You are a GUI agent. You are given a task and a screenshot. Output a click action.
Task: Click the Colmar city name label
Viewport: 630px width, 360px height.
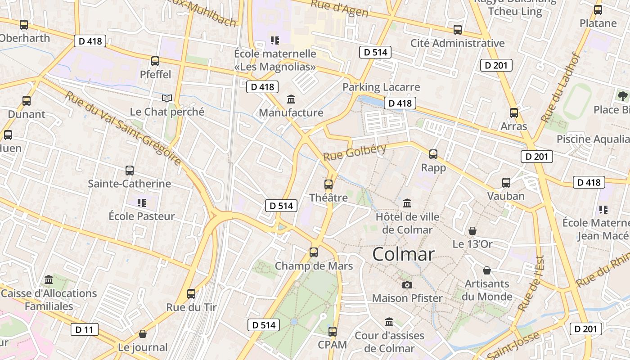(x=404, y=254)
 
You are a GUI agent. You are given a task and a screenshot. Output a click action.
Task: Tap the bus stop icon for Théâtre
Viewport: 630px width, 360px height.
(x=328, y=184)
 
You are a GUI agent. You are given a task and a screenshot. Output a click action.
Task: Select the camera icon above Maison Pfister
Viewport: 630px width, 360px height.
(x=407, y=285)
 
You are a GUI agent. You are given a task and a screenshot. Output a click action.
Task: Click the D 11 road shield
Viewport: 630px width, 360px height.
(x=85, y=329)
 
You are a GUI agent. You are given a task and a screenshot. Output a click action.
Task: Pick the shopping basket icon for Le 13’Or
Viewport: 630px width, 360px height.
(x=472, y=231)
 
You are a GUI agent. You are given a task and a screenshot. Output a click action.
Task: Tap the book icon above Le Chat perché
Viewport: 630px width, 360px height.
(x=167, y=98)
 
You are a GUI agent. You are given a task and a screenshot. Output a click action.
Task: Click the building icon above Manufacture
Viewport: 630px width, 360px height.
(x=291, y=99)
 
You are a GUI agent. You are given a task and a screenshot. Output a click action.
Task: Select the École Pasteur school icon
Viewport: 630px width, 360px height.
(x=142, y=203)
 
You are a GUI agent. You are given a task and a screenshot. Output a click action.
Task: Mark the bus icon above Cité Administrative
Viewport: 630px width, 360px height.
(x=458, y=30)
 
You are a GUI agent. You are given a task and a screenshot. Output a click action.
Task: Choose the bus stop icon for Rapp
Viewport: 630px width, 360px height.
(x=433, y=154)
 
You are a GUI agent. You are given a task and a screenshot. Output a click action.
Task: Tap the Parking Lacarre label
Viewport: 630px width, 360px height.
(x=381, y=87)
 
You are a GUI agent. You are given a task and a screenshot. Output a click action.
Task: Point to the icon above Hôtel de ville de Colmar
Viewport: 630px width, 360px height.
(x=407, y=203)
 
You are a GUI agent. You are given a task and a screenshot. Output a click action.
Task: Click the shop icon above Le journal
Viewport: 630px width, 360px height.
(x=143, y=334)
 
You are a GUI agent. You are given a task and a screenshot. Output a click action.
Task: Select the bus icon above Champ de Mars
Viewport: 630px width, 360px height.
(x=314, y=252)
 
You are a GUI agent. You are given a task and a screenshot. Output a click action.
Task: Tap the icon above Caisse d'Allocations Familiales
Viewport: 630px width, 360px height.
(x=49, y=280)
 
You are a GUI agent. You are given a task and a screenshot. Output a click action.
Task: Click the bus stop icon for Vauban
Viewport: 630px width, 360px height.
(x=506, y=183)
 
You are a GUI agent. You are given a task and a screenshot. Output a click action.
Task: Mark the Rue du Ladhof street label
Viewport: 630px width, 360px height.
(x=560, y=88)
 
